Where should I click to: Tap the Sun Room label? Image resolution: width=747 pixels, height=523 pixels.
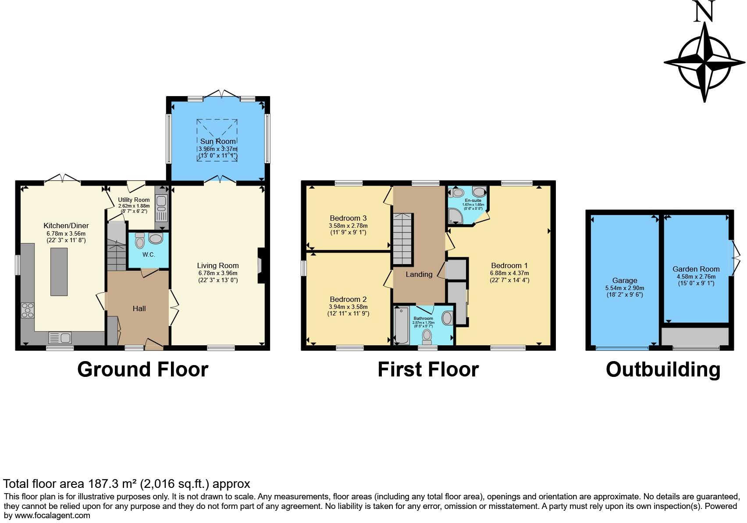(218, 141)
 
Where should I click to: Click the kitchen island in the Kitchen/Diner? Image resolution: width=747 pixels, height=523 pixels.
(59, 271)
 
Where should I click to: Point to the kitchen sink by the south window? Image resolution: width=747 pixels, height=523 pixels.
(60, 338)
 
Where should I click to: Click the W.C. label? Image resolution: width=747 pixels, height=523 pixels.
(149, 254)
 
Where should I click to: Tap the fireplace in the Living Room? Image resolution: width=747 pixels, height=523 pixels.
(260, 266)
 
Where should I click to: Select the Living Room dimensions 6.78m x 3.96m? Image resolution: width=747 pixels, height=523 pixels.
(217, 273)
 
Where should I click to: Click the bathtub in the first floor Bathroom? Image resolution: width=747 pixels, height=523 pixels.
(401, 326)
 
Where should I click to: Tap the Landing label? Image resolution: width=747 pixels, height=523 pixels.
(419, 274)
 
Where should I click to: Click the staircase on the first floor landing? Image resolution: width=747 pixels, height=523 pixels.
(402, 239)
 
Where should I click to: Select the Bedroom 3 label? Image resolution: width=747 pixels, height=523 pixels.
(348, 218)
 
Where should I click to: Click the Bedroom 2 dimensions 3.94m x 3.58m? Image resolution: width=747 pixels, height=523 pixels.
(348, 307)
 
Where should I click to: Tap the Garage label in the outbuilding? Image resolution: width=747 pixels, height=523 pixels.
(625, 280)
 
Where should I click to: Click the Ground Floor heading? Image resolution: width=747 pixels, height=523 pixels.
(142, 369)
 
